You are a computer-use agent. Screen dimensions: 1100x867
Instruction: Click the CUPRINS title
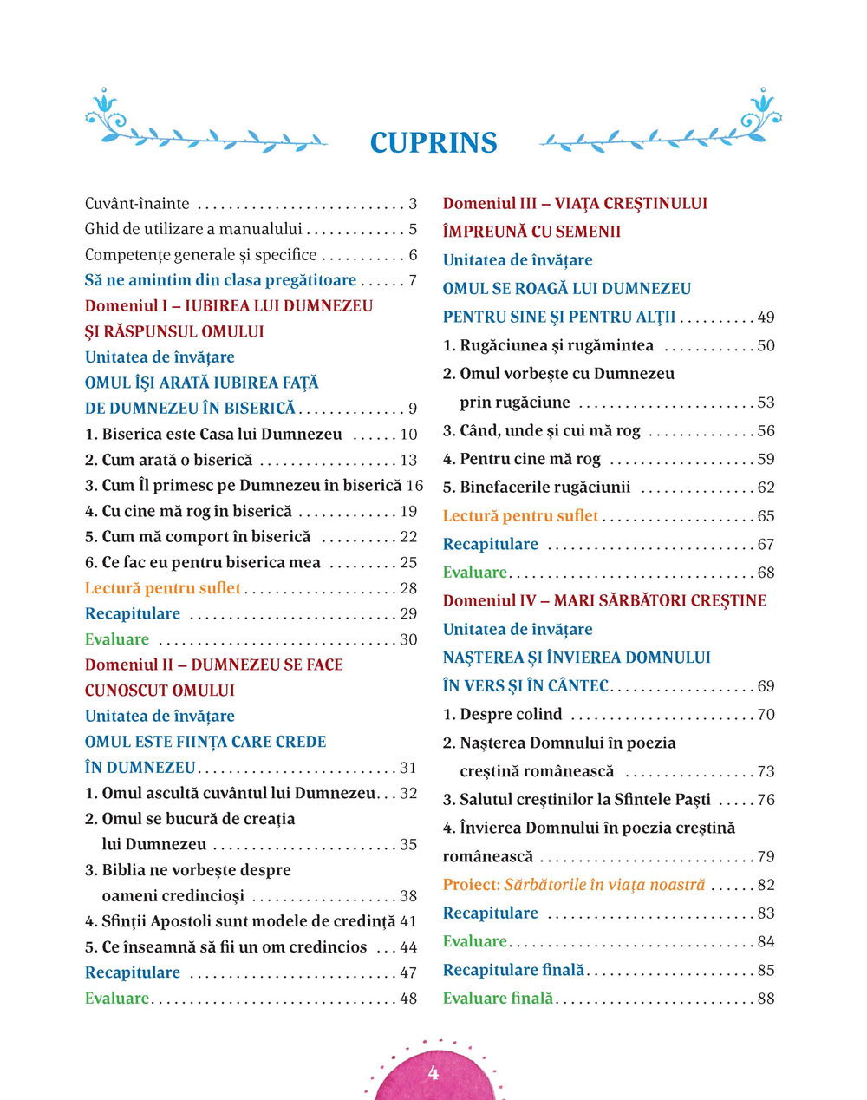pos(433,143)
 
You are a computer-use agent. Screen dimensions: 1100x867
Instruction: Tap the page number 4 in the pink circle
pos(433,1073)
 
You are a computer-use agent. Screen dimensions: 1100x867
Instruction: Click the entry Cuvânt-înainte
pos(137,204)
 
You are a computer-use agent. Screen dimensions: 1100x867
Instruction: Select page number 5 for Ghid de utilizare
pos(413,230)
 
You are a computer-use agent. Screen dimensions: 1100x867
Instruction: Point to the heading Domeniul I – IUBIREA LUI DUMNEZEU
pos(229,306)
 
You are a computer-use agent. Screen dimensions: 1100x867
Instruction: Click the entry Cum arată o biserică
pos(177,460)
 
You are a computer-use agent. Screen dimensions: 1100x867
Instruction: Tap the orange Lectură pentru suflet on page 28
pos(163,588)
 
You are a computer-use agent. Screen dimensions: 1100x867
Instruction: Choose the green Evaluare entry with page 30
pos(117,639)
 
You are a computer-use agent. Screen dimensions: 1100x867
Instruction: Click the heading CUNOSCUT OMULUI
pos(160,691)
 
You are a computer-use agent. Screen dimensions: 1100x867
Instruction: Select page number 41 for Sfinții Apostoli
pos(408,921)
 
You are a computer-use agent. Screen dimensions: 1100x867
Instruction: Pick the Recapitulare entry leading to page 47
pos(133,972)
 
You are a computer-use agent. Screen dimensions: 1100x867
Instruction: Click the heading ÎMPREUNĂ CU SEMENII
pos(531,232)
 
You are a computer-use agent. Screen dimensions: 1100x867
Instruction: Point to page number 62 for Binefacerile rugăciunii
pos(766,488)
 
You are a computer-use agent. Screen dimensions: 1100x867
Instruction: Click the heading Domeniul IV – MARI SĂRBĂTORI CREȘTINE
pos(604,600)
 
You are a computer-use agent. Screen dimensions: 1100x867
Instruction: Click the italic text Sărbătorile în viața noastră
pos(604,885)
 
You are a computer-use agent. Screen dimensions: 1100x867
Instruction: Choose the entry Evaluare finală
pos(498,999)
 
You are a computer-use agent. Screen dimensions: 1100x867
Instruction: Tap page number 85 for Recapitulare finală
pos(766,970)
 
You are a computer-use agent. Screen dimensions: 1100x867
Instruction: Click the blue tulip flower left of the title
pos(106,103)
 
